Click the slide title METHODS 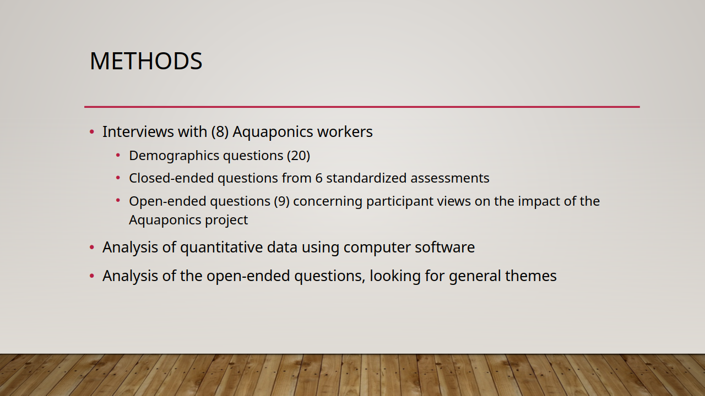click(x=146, y=61)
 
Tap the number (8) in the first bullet click(x=220, y=131)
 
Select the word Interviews click(x=138, y=131)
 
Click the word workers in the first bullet click(x=345, y=131)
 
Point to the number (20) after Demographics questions click(x=299, y=156)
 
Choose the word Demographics click(x=174, y=156)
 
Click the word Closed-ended click(x=171, y=178)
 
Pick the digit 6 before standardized click(x=319, y=178)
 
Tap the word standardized click(x=366, y=178)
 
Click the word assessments click(x=450, y=178)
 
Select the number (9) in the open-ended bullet click(x=281, y=201)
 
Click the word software click(x=444, y=247)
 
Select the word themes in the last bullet click(x=531, y=276)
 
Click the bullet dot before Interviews click(x=92, y=131)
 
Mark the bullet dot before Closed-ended click(x=118, y=178)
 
